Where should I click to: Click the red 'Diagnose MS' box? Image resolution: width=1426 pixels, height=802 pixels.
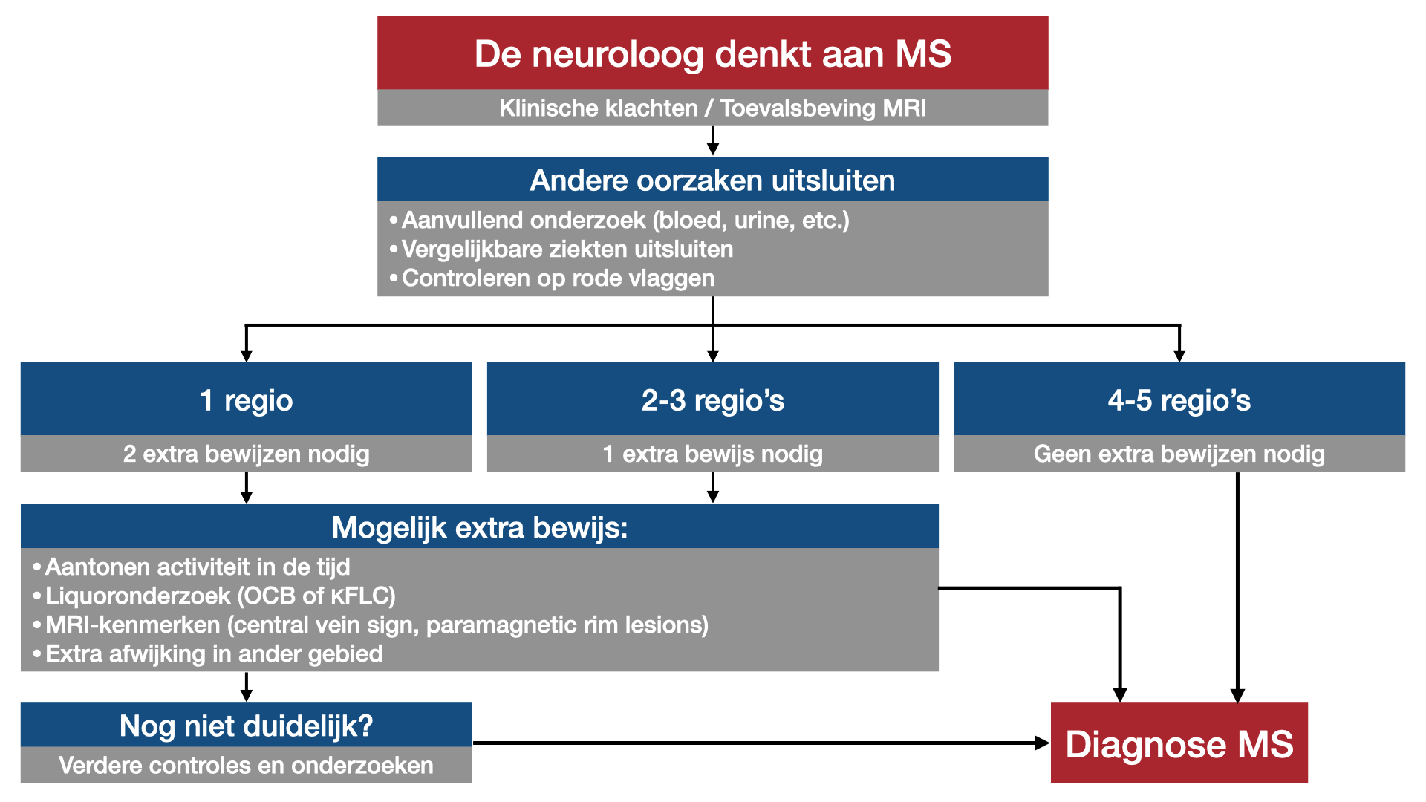1179,743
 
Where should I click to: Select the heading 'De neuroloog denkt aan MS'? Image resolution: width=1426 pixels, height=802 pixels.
713,54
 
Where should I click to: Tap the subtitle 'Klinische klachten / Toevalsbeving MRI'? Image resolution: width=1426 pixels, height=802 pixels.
713,108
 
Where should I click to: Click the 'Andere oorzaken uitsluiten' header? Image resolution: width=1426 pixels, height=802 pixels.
713,180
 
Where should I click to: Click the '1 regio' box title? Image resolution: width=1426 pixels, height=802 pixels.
247,400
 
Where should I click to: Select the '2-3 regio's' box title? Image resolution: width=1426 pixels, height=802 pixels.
713,400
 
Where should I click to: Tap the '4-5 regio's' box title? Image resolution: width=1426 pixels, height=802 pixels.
1179,400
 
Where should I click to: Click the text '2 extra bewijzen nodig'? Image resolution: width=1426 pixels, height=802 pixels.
247,454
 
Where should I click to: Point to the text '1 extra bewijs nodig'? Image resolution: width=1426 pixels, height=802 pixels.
713,454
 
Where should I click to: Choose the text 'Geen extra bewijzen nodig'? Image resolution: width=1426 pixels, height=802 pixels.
1179,454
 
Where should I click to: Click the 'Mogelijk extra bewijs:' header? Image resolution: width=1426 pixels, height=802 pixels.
480,528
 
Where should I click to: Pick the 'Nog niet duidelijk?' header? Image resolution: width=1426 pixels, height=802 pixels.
247,726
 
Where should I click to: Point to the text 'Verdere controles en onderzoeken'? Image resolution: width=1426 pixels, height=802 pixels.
247,765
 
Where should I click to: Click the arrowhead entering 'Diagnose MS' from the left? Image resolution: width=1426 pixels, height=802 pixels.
1043,743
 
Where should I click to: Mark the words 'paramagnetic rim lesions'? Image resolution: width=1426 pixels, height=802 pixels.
567,625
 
